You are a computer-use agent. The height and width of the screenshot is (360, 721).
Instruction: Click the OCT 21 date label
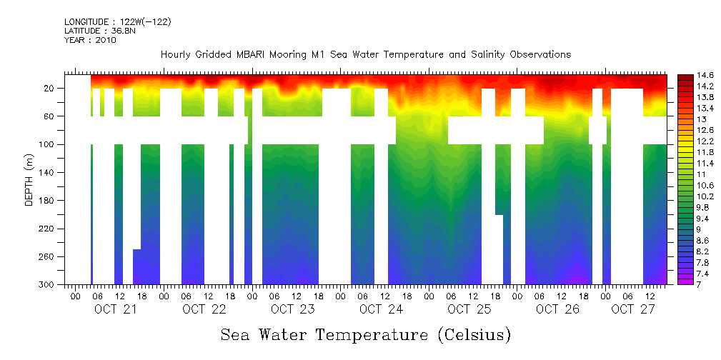pos(116,309)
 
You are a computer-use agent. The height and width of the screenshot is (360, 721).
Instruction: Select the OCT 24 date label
pos(381,309)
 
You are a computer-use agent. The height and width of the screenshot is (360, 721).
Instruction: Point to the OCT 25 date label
pos(469,309)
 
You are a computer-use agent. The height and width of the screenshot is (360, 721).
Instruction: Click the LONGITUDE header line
pos(117,22)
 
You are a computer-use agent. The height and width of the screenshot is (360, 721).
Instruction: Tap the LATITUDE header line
pos(100,31)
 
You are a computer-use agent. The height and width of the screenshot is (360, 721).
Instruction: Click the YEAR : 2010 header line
pos(90,40)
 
